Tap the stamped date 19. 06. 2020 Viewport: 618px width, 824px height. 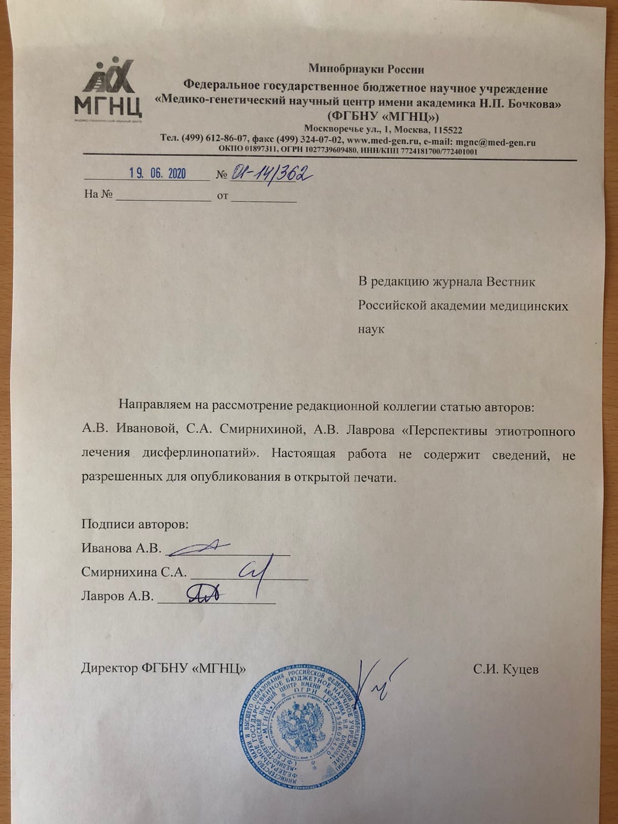point(158,173)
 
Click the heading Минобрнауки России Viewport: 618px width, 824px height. point(366,69)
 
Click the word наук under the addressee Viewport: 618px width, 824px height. point(372,329)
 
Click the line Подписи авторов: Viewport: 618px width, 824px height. point(135,524)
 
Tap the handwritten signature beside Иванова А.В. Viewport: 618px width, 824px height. point(198,547)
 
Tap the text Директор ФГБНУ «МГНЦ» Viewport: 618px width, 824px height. point(164,669)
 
